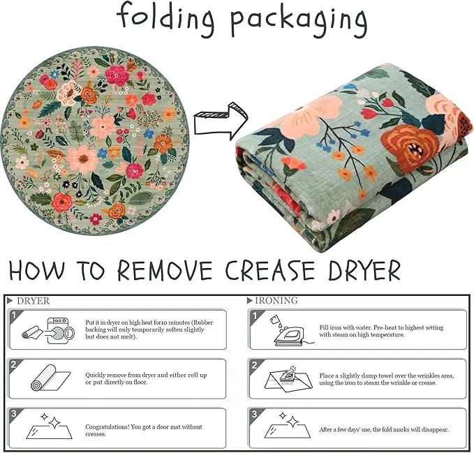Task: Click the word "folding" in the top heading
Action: pyautogui.click(x=165, y=20)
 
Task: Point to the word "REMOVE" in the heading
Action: pyautogui.click(x=165, y=270)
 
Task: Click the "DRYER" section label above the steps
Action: pyautogui.click(x=34, y=301)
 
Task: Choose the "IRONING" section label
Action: pyautogui.click(x=276, y=300)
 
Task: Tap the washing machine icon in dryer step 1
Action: pyautogui.click(x=61, y=330)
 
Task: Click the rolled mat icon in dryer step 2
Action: pyautogui.click(x=50, y=378)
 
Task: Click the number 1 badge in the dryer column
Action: pyautogui.click(x=13, y=315)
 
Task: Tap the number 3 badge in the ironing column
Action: pyautogui.click(x=255, y=413)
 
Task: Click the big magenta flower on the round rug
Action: pyautogui.click(x=116, y=75)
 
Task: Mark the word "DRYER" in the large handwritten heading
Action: pyautogui.click(x=364, y=270)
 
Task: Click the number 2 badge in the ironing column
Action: pyautogui.click(x=255, y=365)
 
